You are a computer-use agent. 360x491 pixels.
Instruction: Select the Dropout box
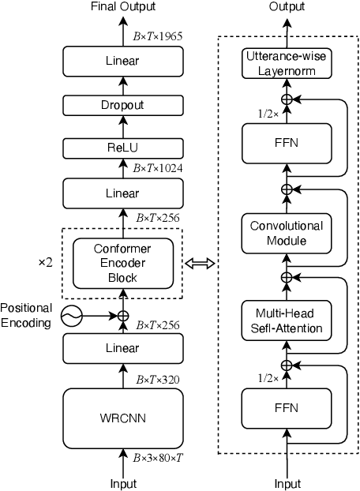coord(123,105)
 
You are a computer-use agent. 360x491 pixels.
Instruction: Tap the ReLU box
coord(123,147)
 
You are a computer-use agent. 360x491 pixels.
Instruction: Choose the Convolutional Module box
coord(287,233)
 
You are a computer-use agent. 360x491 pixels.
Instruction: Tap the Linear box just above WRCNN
coord(123,348)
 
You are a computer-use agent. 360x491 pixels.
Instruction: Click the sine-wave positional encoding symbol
coord(71,316)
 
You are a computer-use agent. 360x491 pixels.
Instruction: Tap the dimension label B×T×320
coord(156,380)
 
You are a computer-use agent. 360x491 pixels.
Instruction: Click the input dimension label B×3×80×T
coord(160,457)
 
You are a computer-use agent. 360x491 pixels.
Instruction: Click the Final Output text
coord(122,7)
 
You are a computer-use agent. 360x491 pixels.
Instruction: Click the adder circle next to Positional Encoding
coord(123,316)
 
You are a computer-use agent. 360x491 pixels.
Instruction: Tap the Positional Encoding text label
coord(26,314)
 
